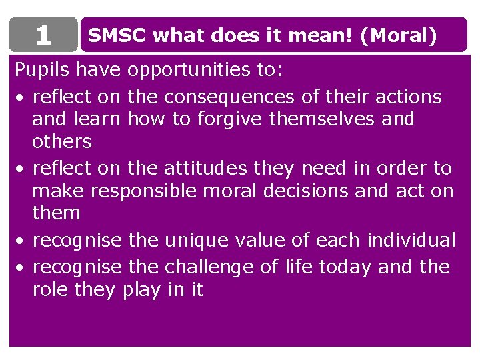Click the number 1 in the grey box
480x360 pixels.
(43, 36)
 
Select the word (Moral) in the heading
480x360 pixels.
(398, 36)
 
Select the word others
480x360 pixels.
(62, 142)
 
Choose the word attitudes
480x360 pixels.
(207, 169)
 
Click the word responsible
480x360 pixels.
(144, 191)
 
